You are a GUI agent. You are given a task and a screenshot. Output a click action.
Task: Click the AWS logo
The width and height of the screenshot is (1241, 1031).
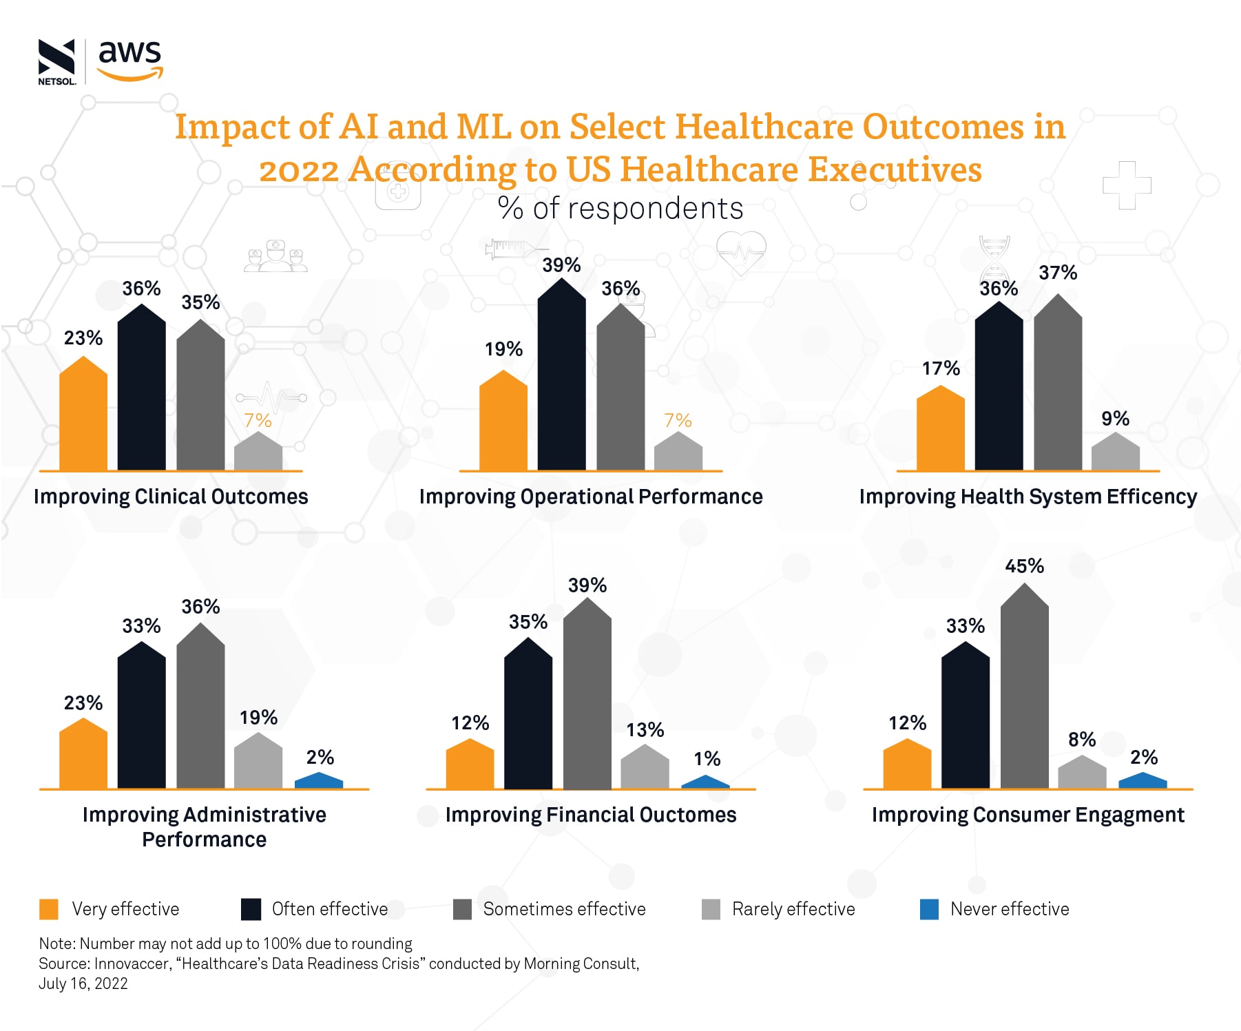(x=129, y=60)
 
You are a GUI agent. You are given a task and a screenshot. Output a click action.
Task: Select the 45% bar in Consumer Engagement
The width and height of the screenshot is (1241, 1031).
(x=1024, y=689)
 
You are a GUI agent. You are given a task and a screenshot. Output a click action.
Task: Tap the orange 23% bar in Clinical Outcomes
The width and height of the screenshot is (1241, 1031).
(x=83, y=417)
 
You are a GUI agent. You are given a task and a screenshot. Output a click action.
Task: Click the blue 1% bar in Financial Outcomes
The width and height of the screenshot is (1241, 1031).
(x=705, y=782)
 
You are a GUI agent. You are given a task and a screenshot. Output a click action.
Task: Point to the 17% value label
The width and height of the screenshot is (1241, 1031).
(x=941, y=368)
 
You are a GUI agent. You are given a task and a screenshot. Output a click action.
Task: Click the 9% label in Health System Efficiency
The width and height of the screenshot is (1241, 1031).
(x=1115, y=419)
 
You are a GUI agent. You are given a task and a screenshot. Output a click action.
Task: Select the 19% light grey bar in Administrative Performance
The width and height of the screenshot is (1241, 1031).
(x=258, y=763)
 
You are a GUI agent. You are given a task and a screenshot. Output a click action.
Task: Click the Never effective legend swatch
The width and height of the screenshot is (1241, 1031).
(x=929, y=909)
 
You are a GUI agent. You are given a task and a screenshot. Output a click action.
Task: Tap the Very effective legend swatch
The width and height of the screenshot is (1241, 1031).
(x=49, y=909)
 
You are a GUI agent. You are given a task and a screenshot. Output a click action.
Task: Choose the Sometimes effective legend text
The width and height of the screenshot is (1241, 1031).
(x=564, y=909)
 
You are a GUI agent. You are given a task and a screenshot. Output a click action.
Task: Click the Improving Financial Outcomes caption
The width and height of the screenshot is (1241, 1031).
(x=590, y=815)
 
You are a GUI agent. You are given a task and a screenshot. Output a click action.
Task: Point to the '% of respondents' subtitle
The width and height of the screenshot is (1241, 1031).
(x=620, y=209)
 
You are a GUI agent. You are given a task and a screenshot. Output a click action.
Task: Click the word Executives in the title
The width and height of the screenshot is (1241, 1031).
(x=895, y=169)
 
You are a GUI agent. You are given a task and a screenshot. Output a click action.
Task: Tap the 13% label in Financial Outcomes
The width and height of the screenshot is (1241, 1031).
(x=645, y=730)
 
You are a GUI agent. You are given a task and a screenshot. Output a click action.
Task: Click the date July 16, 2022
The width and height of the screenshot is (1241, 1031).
(x=83, y=983)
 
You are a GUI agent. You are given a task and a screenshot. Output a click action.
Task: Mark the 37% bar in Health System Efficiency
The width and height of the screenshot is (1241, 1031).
(x=1058, y=386)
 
